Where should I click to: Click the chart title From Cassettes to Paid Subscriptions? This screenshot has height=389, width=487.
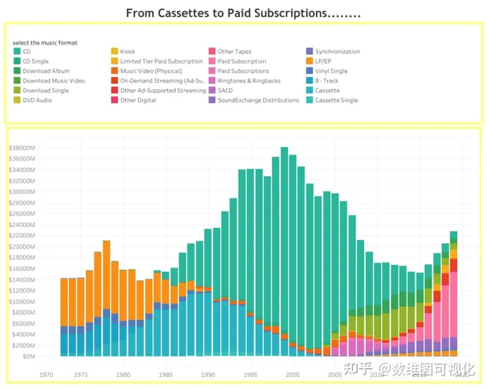coord(243,13)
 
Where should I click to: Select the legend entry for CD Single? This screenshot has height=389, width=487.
coord(35,61)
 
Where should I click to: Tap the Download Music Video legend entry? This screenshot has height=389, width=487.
coord(53,81)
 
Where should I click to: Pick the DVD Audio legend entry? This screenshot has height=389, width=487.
coord(38,101)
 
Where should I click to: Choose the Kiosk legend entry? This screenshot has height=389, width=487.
coord(127,52)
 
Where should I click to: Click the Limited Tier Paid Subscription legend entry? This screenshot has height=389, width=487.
coord(161,61)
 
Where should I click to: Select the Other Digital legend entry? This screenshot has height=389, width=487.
coord(137,101)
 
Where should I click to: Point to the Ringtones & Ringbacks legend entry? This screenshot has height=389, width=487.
coord(249,81)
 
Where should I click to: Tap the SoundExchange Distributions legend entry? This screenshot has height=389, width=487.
coord(258,101)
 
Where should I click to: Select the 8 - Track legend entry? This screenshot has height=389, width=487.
coord(327,81)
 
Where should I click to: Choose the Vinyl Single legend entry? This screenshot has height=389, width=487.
coord(331,71)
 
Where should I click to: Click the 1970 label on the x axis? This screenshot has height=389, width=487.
coord(46,374)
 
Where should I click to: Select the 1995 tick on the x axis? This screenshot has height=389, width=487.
coord(250,374)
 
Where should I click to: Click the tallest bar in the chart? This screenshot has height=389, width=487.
coord(284,250)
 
